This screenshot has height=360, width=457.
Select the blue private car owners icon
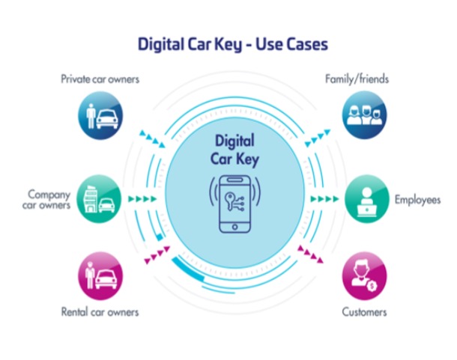coord(101,115)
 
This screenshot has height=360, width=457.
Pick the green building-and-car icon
coord(100,199)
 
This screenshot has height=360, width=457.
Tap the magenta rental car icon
coord(101,276)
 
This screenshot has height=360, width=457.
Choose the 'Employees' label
coord(418,200)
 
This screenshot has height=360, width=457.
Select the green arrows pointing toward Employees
coord(324,200)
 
